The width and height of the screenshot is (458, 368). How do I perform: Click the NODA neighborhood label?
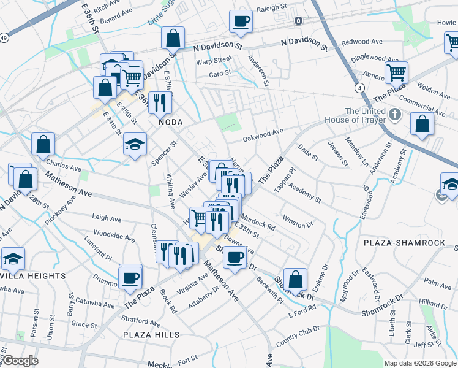171,122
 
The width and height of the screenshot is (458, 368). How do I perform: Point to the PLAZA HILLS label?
151,335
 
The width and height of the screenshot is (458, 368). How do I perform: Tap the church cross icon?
395,113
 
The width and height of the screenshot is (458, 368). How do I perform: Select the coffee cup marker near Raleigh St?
241,21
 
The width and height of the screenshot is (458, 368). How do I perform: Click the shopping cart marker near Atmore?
397,73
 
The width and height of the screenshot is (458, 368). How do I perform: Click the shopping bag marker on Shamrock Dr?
295,279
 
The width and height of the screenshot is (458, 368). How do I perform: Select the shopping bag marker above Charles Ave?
43,144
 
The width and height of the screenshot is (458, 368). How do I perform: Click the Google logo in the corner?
20,361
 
